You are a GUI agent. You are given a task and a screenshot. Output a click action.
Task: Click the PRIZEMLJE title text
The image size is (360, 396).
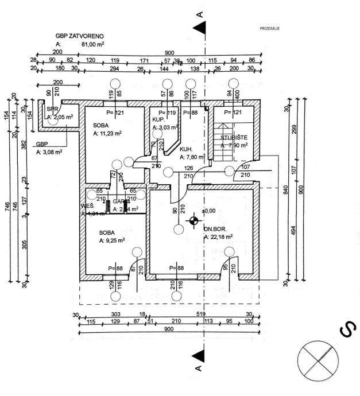tap(269, 28)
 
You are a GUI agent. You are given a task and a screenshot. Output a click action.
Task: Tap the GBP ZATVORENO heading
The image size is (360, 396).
tap(80, 36)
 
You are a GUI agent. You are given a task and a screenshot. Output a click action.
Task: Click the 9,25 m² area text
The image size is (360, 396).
tap(112, 240)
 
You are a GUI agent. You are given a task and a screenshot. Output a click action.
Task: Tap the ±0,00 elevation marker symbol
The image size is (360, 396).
tap(194, 219)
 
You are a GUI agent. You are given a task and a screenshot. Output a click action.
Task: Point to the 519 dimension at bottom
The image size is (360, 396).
tap(200, 315)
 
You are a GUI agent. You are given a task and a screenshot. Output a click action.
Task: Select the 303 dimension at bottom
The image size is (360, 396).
tap(115, 315)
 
